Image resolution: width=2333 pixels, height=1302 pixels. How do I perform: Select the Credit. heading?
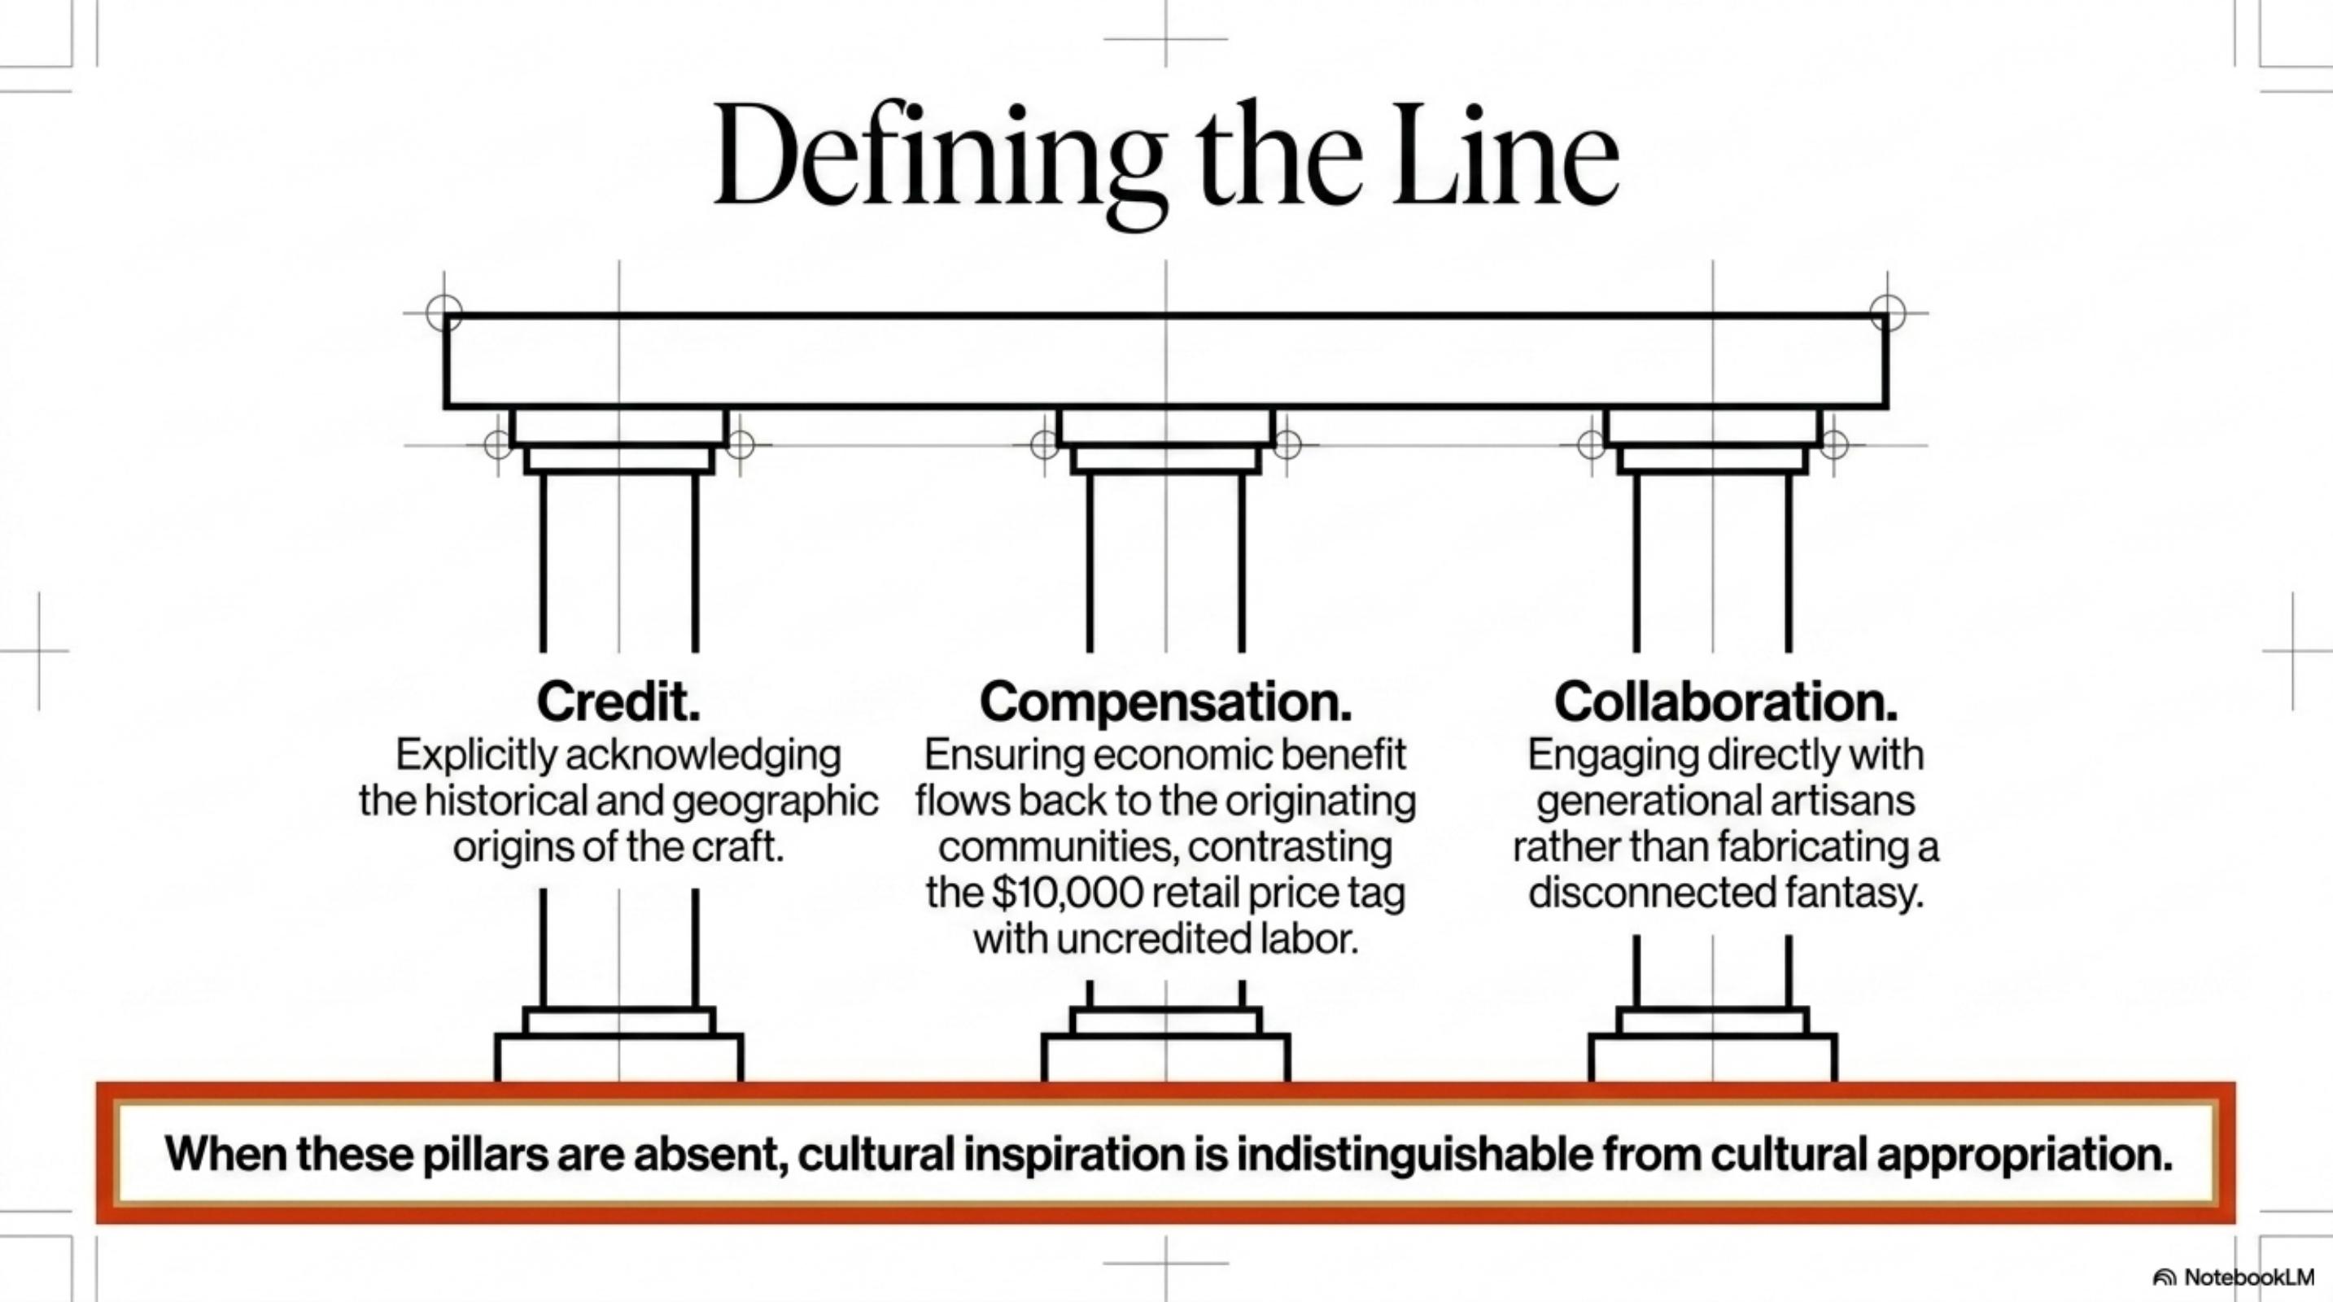click(x=618, y=701)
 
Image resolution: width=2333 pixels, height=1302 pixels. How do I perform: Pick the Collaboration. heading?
click(x=1726, y=701)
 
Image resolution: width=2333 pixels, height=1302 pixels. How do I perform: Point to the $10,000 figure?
click(x=1067, y=893)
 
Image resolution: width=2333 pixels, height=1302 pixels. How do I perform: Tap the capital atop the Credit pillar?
click(x=618, y=441)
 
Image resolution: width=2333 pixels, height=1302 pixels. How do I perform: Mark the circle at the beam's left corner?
click(x=443, y=313)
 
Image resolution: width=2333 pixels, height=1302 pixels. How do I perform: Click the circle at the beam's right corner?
click(x=1887, y=313)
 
